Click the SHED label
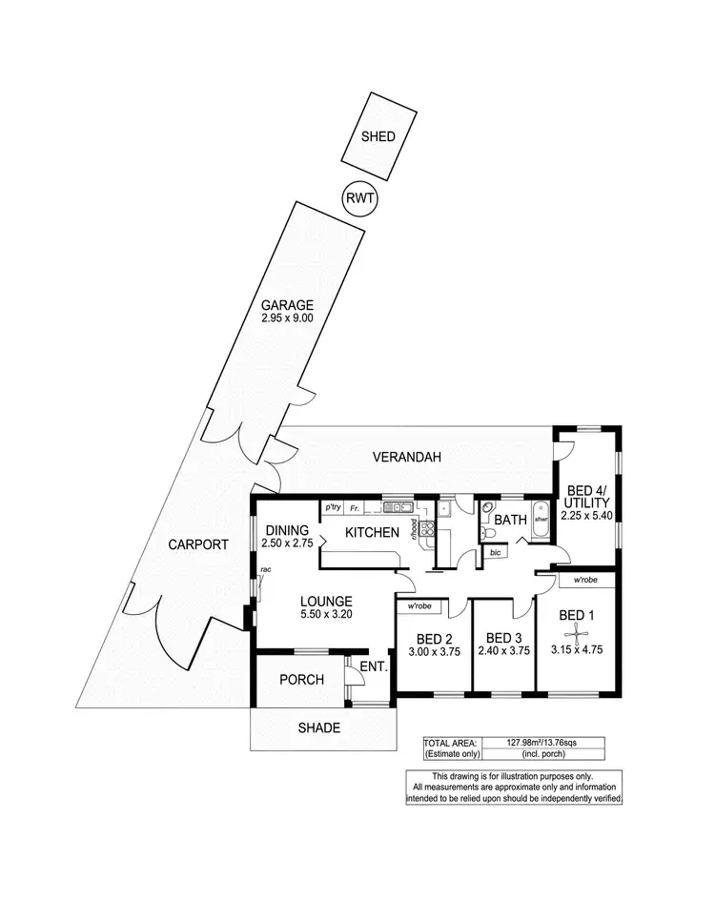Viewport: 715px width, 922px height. coord(378,136)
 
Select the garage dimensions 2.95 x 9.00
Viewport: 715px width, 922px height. coord(288,319)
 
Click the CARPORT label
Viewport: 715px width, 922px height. coord(197,545)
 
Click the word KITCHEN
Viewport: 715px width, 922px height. coord(371,532)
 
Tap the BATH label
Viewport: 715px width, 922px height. coord(511,521)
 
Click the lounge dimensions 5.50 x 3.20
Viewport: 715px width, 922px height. coord(327,616)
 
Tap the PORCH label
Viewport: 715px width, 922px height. coord(301,680)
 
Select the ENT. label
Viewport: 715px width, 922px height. coord(373,668)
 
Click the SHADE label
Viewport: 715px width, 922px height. coord(318,727)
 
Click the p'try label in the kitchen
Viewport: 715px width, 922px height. coord(333,507)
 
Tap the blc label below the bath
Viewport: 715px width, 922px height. coord(494,552)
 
